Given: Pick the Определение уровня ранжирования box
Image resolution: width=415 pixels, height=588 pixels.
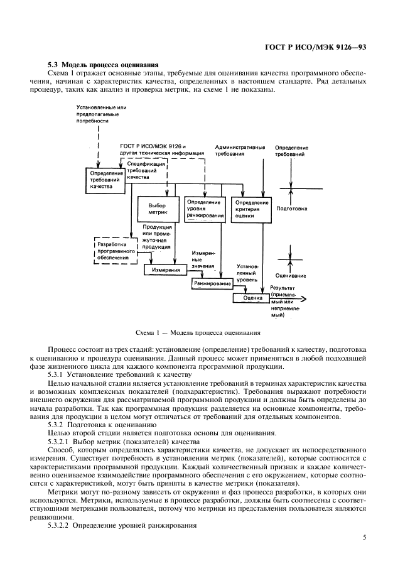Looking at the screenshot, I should click(205, 209).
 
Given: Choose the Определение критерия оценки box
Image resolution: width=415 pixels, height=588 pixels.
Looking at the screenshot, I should click(252, 209).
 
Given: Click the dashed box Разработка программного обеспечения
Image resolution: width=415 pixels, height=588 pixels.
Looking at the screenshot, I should click(113, 251).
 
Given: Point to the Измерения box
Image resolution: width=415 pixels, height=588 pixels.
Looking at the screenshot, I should click(166, 269).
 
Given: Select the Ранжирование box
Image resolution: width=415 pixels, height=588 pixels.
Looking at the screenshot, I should click(212, 283).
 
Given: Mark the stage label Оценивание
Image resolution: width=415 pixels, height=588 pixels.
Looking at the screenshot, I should click(291, 276).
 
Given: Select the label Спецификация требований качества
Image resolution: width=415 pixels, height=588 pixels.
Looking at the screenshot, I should click(146, 170).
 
